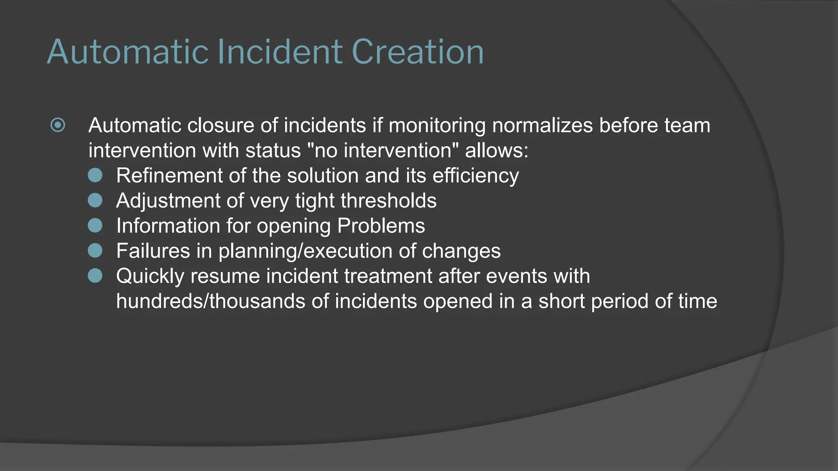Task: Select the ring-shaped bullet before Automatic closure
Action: [58, 125]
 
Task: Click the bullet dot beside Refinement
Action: [95, 175]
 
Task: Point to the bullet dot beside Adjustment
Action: [95, 200]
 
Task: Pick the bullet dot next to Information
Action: [95, 226]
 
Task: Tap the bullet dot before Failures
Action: [95, 251]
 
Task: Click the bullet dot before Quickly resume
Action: [95, 276]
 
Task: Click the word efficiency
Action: [475, 176]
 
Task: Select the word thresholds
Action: [388, 201]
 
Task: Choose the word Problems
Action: [381, 226]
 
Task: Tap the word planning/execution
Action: [305, 251]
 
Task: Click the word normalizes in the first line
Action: [542, 126]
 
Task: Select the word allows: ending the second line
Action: [497, 150]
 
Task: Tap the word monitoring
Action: [437, 126]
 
